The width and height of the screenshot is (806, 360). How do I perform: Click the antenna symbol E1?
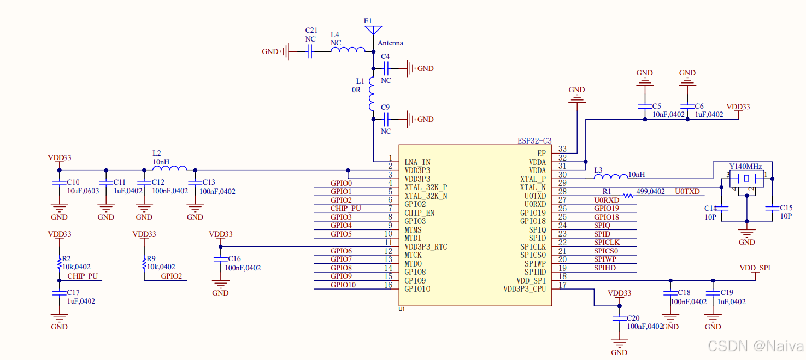pos(373,29)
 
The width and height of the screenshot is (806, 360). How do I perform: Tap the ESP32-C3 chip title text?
pos(534,140)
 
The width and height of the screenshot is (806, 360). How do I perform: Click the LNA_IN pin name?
pos(417,162)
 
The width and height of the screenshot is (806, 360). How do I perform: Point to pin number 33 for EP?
pos(562,149)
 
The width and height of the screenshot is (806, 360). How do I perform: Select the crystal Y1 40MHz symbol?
pos(745,179)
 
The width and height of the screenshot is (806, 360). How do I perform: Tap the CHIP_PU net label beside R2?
pos(83,276)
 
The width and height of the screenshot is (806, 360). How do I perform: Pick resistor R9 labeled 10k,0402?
pos(144,264)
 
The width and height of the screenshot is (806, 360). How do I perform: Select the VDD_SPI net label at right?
pos(755,268)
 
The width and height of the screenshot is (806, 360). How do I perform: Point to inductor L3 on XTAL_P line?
pos(610,176)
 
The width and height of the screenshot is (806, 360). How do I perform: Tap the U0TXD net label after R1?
pos(687,192)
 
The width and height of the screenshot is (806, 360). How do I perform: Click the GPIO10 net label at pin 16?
pos(343,285)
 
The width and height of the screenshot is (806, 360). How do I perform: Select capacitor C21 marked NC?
pos(310,52)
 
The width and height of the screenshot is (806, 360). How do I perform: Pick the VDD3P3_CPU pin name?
pos(524,289)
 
